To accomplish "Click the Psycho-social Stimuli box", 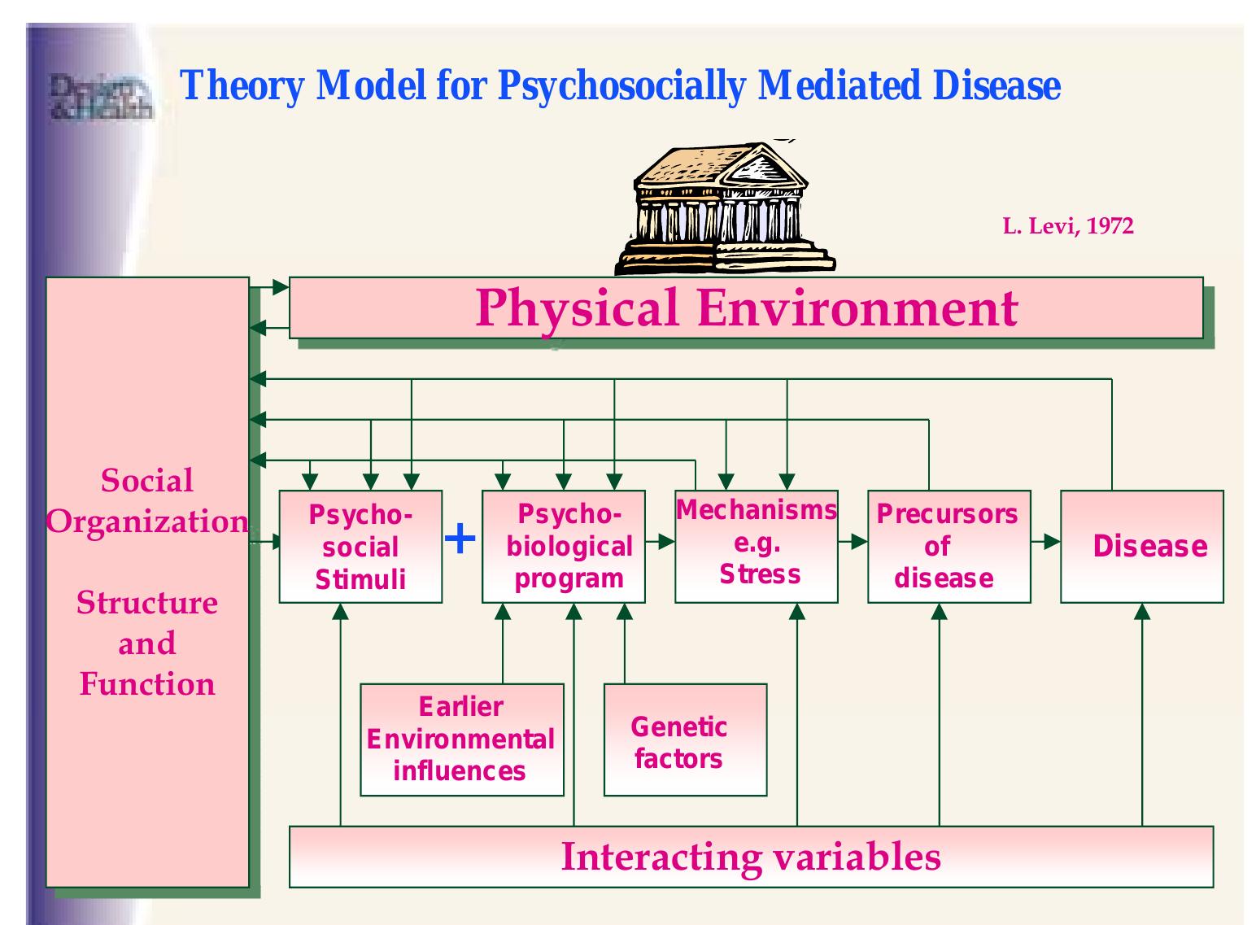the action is pos(360,547).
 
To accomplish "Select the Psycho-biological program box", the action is pos(564,547).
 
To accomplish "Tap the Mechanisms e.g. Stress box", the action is pos(757,547).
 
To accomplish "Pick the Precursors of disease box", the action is pos(949,547).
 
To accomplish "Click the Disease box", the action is pos(1142,547).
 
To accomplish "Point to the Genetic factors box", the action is pos(685,740).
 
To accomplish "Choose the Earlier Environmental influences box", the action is pos(461,740).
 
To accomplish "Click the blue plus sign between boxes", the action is pos(461,539).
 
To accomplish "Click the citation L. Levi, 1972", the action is pos(1067,226).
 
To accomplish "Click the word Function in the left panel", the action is pos(147,684).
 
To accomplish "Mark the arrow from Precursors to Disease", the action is pos(1046,541).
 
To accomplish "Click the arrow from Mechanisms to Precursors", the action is pos(853,541).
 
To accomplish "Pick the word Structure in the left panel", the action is pos(147,603).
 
